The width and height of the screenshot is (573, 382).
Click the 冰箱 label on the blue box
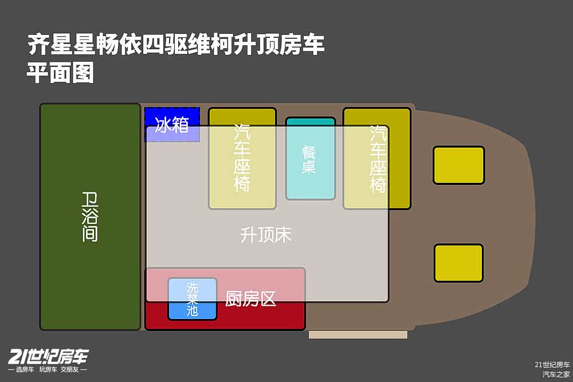[x=172, y=125]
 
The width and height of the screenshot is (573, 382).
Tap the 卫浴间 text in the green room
[x=90, y=217]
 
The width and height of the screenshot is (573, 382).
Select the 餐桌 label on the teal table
[x=309, y=159]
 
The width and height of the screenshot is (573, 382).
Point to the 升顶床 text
[x=266, y=235]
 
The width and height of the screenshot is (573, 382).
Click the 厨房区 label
[x=251, y=299]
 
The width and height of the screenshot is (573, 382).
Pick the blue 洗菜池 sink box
[x=192, y=299]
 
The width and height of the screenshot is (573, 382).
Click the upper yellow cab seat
[x=458, y=165]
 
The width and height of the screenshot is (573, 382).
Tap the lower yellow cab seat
[x=458, y=263]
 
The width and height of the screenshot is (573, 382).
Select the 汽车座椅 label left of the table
[x=242, y=157]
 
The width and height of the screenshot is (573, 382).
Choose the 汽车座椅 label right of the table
[x=378, y=159]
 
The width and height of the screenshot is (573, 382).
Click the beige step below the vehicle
[x=358, y=335]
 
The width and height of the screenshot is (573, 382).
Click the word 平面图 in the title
[x=60, y=73]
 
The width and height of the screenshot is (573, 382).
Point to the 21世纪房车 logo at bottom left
[x=48, y=357]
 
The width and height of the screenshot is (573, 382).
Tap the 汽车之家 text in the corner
[x=556, y=375]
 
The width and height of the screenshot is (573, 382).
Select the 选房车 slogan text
[x=25, y=369]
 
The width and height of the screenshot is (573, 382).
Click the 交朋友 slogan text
[x=69, y=369]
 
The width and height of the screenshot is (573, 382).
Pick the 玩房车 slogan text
[x=48, y=369]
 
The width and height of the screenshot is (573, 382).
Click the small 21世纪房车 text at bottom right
[x=552, y=364]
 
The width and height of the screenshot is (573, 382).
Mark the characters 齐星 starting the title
[x=50, y=45]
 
